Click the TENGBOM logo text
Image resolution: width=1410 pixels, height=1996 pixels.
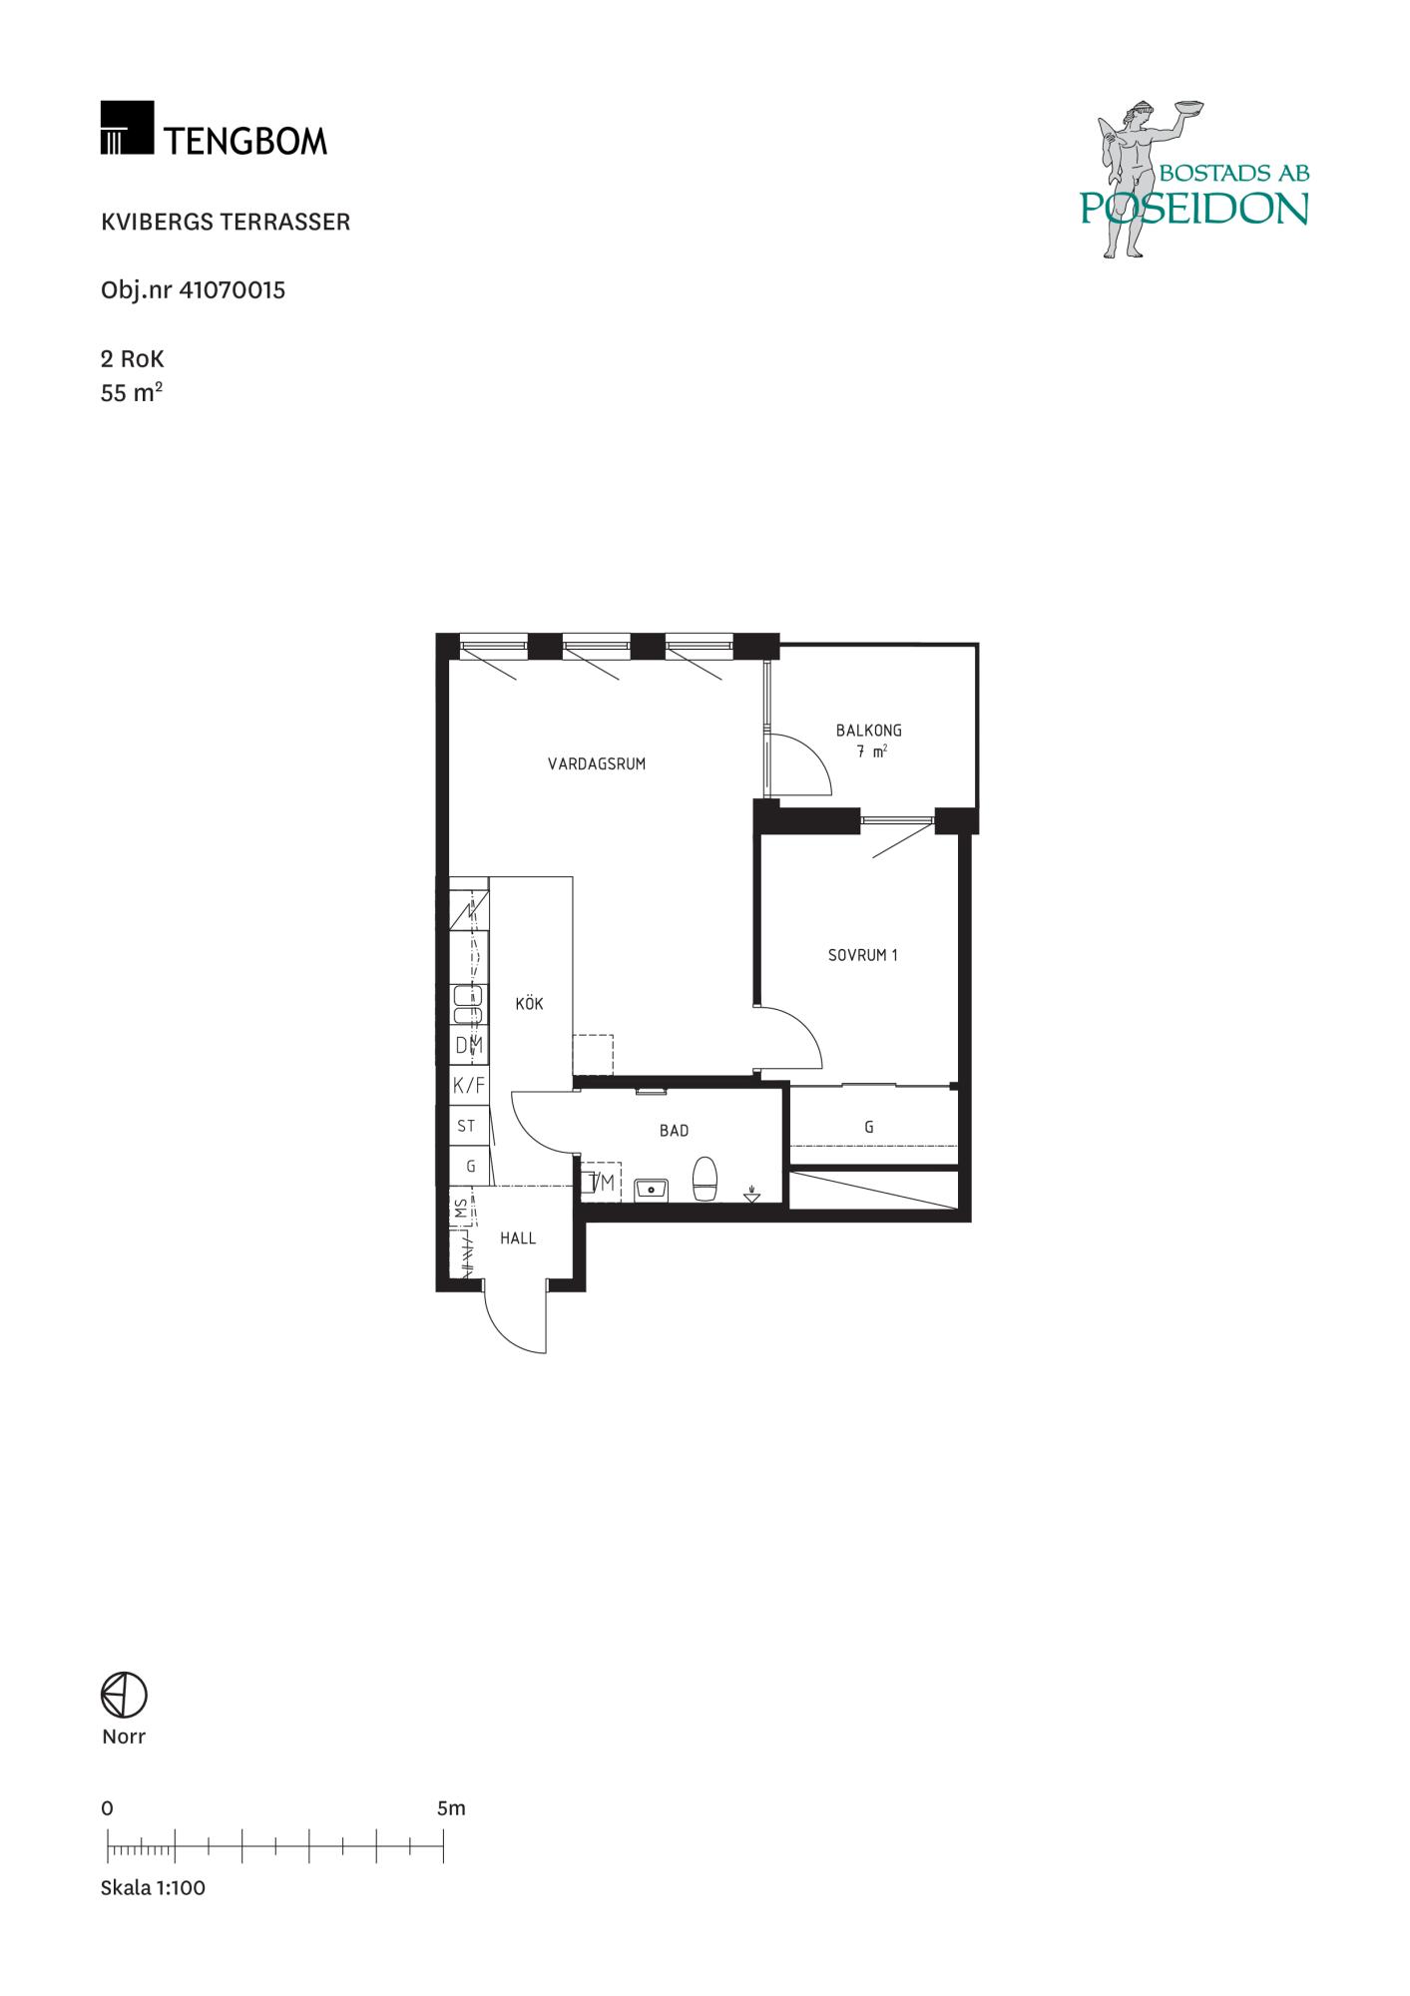[x=245, y=141]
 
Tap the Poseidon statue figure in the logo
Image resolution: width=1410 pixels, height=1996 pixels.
[x=1138, y=180]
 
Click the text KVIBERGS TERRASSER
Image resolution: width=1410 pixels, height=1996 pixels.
[x=226, y=222]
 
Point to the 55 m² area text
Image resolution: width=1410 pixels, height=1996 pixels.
[x=132, y=392]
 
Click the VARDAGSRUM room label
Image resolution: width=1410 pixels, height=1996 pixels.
[x=597, y=764]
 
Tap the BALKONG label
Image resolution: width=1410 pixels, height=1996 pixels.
[x=869, y=731]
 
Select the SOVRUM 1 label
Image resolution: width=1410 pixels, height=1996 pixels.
[x=863, y=955]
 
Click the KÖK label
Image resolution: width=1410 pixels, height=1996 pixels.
[x=530, y=1003]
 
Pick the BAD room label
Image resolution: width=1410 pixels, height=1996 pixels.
[x=675, y=1131]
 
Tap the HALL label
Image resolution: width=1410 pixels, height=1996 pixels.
[x=518, y=1239]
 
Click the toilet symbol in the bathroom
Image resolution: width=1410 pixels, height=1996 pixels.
[x=705, y=1180]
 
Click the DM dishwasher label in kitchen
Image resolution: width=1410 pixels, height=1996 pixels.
[x=469, y=1046]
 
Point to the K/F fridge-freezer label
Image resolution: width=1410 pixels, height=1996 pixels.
[x=469, y=1086]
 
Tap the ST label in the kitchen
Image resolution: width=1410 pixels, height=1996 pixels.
[x=466, y=1126]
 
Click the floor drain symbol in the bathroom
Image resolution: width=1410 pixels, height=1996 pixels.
[x=752, y=1194]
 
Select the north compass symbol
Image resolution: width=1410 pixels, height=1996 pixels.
[x=124, y=1695]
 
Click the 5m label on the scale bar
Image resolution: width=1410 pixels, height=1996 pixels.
[x=451, y=1808]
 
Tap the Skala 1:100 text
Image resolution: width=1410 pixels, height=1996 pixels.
[x=153, y=1887]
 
